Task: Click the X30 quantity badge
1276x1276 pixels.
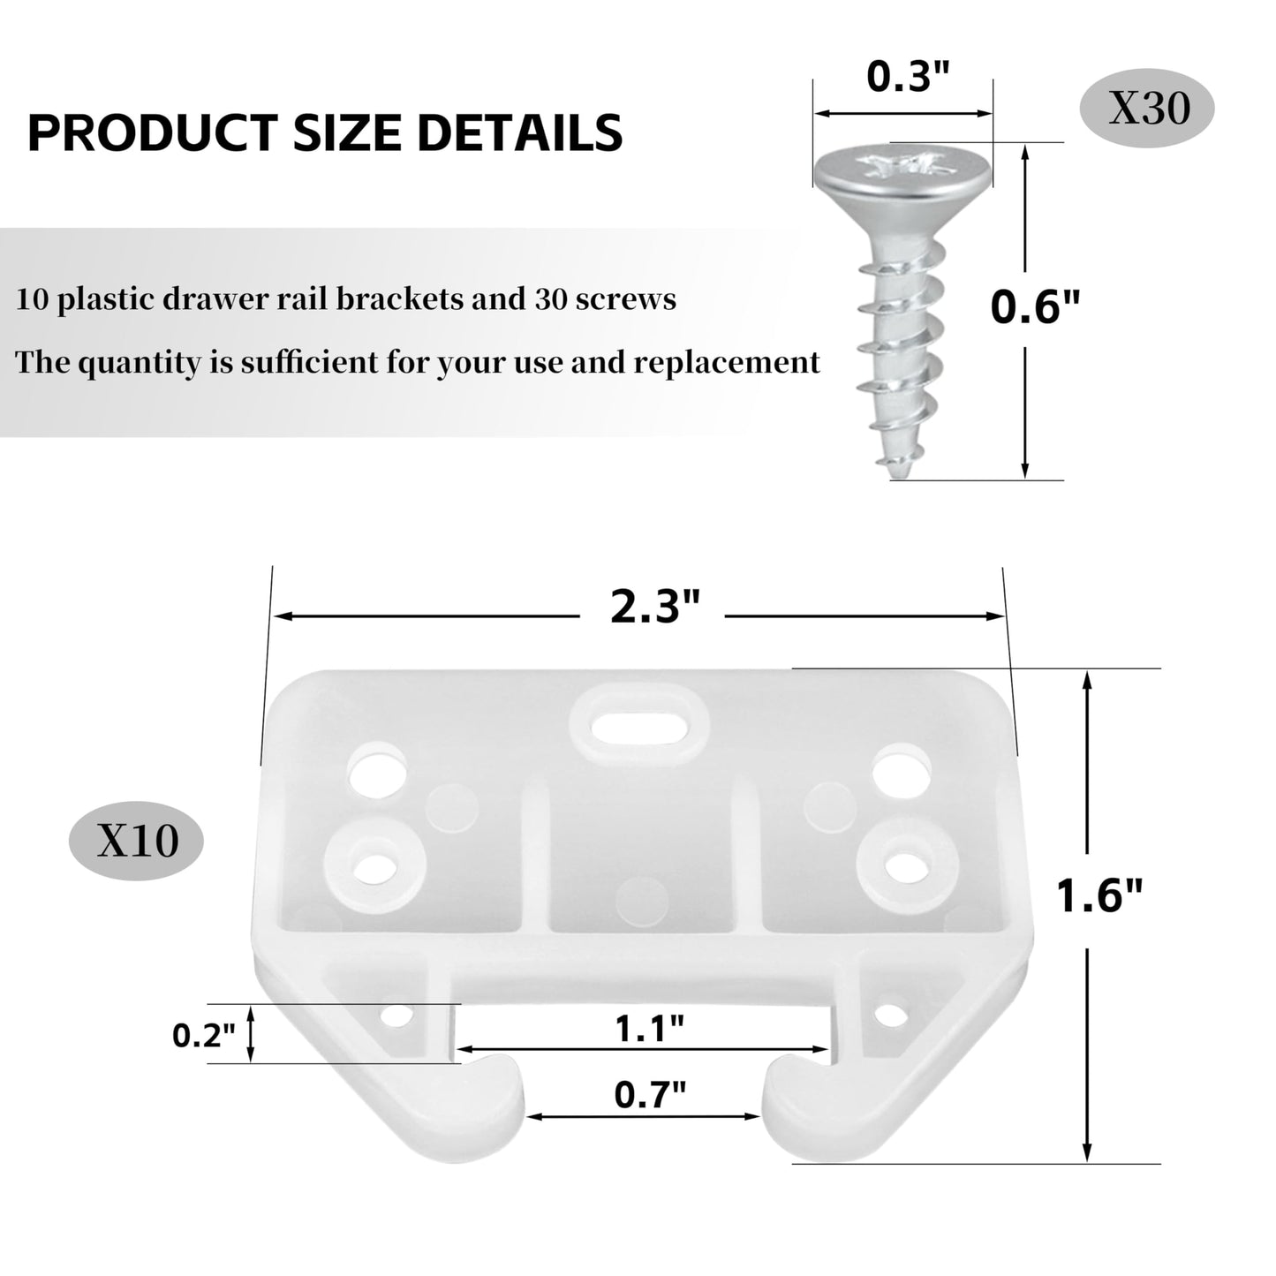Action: (1147, 109)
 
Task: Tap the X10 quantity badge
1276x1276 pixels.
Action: (136, 841)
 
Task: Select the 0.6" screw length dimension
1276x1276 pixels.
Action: (1035, 306)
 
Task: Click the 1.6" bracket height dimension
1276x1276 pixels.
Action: (1099, 897)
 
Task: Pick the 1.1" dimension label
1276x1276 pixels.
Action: (649, 1029)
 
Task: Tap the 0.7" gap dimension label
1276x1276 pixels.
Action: (650, 1096)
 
